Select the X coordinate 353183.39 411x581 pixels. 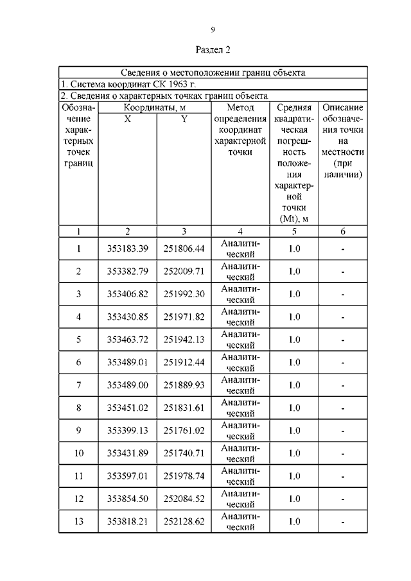[128, 248]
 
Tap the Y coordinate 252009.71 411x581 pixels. [184, 271]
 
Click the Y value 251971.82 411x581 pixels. [184, 317]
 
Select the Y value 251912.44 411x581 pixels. [184, 362]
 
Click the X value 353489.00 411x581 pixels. [128, 385]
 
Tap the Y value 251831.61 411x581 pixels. [184, 408]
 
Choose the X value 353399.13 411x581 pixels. [128, 430]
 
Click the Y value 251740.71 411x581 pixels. [184, 453]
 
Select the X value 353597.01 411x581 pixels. [128, 476]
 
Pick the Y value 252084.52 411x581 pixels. [184, 499]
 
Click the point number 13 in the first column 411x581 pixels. [78, 521]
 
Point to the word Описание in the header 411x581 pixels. [343, 107]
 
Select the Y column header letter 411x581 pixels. [184, 119]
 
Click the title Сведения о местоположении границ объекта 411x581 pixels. [213, 73]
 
